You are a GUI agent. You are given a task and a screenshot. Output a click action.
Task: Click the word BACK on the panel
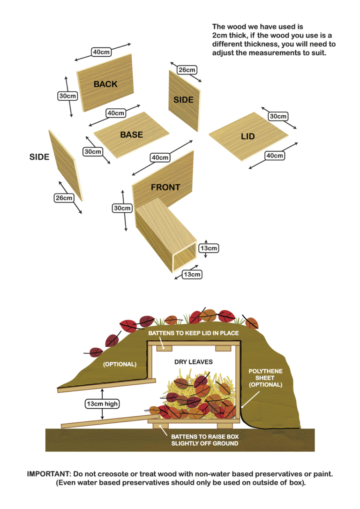pos(105,84)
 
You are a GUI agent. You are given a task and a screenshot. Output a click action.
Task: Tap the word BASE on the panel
pos(131,135)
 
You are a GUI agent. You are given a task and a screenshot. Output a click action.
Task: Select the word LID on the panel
pos(247,136)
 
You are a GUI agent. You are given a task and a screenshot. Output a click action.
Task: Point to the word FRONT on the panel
pos(165,187)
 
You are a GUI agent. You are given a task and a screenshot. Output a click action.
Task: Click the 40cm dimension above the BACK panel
pos(102,52)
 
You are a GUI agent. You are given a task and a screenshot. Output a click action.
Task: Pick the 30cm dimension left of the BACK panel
pos(67,96)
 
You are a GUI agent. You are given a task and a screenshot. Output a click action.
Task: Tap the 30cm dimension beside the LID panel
pos(278,116)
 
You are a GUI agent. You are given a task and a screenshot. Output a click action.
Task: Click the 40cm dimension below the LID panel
pos(275,156)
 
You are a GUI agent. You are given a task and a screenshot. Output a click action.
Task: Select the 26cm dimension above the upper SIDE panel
pos(187,70)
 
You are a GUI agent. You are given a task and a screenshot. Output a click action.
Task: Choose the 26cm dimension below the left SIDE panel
pos(64,198)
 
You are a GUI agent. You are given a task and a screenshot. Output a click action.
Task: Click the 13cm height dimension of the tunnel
pos(209,248)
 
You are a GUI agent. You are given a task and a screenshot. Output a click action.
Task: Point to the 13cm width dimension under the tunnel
pos(192,274)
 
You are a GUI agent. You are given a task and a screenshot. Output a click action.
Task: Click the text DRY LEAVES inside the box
pos(194,362)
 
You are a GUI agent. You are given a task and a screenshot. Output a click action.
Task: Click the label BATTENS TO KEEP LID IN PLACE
pos(194,333)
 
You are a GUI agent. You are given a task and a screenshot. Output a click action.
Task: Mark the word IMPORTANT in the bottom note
pos(46,474)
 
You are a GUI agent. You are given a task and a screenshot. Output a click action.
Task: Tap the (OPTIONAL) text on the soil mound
pos(120,364)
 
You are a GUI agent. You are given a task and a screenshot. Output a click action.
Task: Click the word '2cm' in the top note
pos(219,35)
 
